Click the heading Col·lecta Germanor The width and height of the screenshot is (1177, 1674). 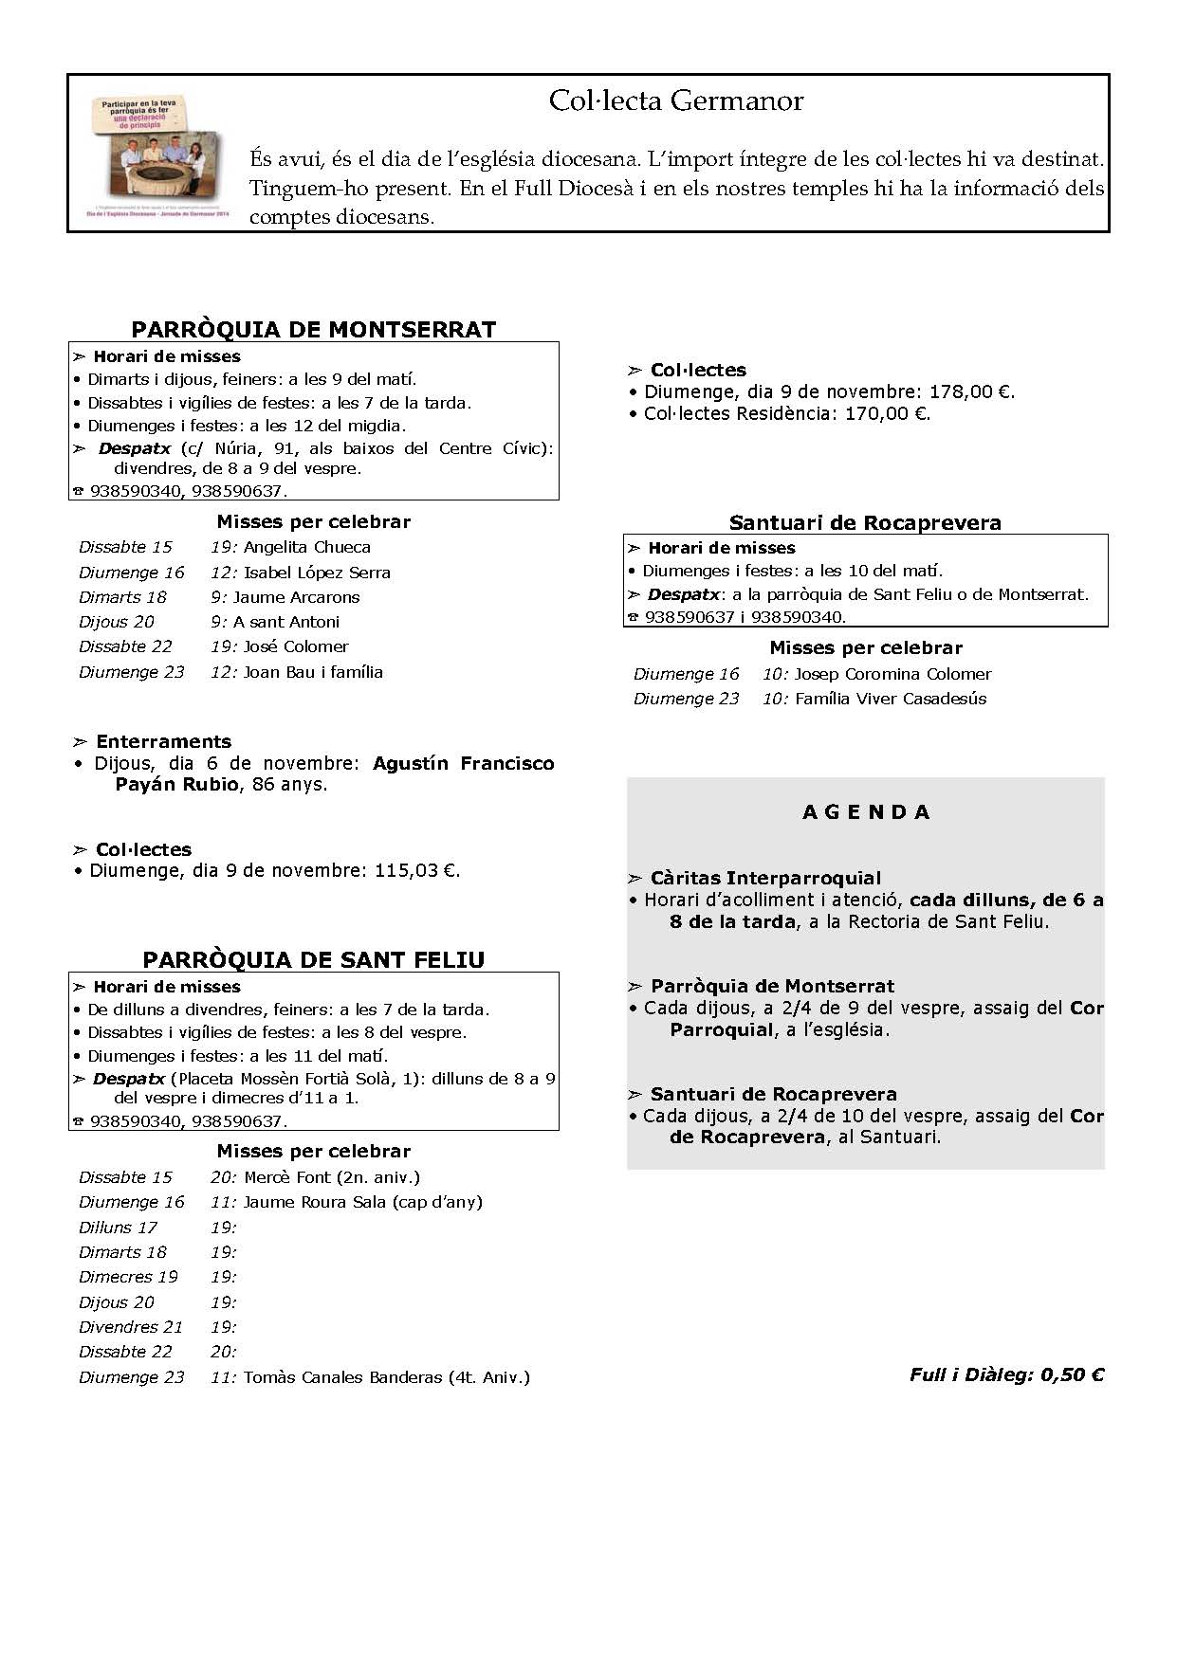click(x=675, y=101)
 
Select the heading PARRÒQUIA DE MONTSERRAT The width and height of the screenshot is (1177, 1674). click(x=313, y=330)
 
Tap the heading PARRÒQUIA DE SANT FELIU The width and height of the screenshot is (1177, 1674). click(x=313, y=960)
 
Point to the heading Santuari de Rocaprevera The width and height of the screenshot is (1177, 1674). click(x=865, y=522)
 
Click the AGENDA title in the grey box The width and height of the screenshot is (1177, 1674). click(x=866, y=812)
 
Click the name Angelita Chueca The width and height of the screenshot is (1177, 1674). click(x=306, y=548)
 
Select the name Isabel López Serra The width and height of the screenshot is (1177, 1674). click(x=317, y=573)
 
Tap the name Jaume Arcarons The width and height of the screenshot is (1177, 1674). click(x=296, y=597)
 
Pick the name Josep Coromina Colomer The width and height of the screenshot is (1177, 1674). click(x=892, y=674)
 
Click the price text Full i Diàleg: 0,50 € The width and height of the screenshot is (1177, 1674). click(x=1006, y=1374)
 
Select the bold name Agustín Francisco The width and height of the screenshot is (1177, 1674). click(x=463, y=763)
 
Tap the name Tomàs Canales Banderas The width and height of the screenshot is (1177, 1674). click(x=342, y=1377)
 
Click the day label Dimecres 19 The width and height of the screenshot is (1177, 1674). click(x=128, y=1277)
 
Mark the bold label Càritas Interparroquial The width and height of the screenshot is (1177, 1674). click(x=765, y=879)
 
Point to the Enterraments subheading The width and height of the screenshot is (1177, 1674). click(x=163, y=742)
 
